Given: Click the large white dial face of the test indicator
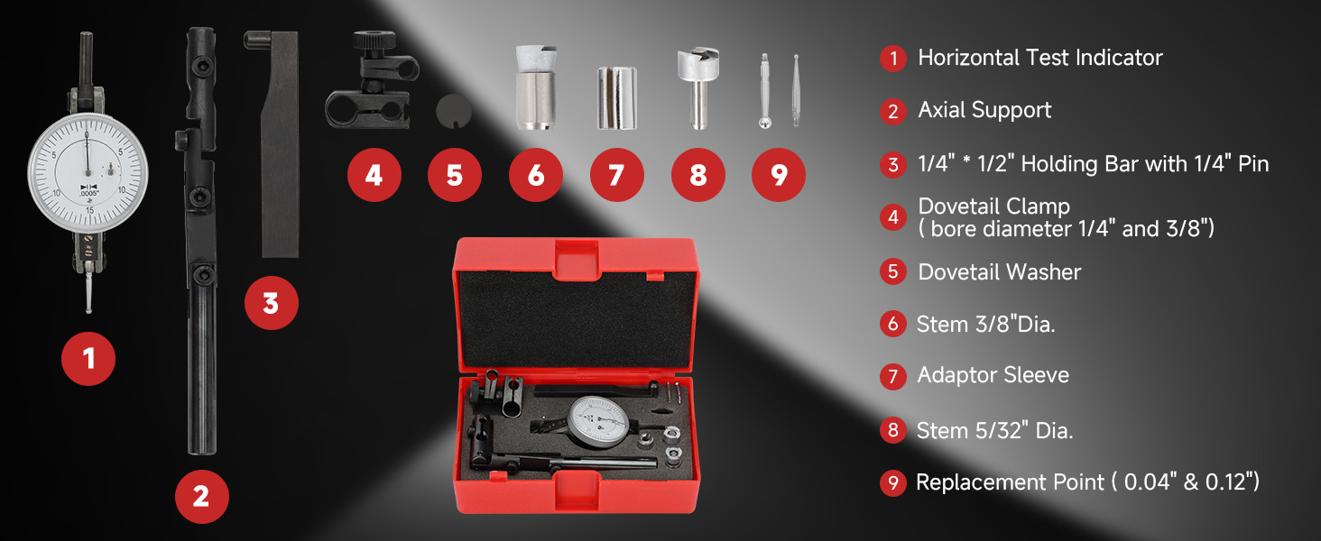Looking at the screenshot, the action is [x=88, y=173].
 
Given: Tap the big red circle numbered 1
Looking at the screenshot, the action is [x=88, y=358].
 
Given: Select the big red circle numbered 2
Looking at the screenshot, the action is [x=202, y=496].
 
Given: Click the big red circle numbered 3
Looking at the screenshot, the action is [x=272, y=303].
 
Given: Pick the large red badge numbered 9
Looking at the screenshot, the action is [x=779, y=175].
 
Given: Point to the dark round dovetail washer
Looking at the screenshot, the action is [x=454, y=111].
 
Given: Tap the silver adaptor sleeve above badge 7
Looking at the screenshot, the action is [x=617, y=97].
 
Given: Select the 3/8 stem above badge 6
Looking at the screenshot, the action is [x=536, y=87].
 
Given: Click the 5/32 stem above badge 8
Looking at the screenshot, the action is [x=697, y=88].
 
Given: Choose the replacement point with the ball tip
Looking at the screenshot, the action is [x=765, y=91].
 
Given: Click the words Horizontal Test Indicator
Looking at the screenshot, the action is [x=1040, y=58].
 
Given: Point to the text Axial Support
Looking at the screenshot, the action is [x=984, y=110].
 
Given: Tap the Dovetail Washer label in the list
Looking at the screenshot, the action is [x=1000, y=271].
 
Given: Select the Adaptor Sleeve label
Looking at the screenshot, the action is [x=993, y=375].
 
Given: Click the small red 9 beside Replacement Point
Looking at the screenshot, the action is [x=893, y=482].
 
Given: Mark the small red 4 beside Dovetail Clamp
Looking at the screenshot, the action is [x=893, y=217].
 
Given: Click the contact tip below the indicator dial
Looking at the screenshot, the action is [x=88, y=292].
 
